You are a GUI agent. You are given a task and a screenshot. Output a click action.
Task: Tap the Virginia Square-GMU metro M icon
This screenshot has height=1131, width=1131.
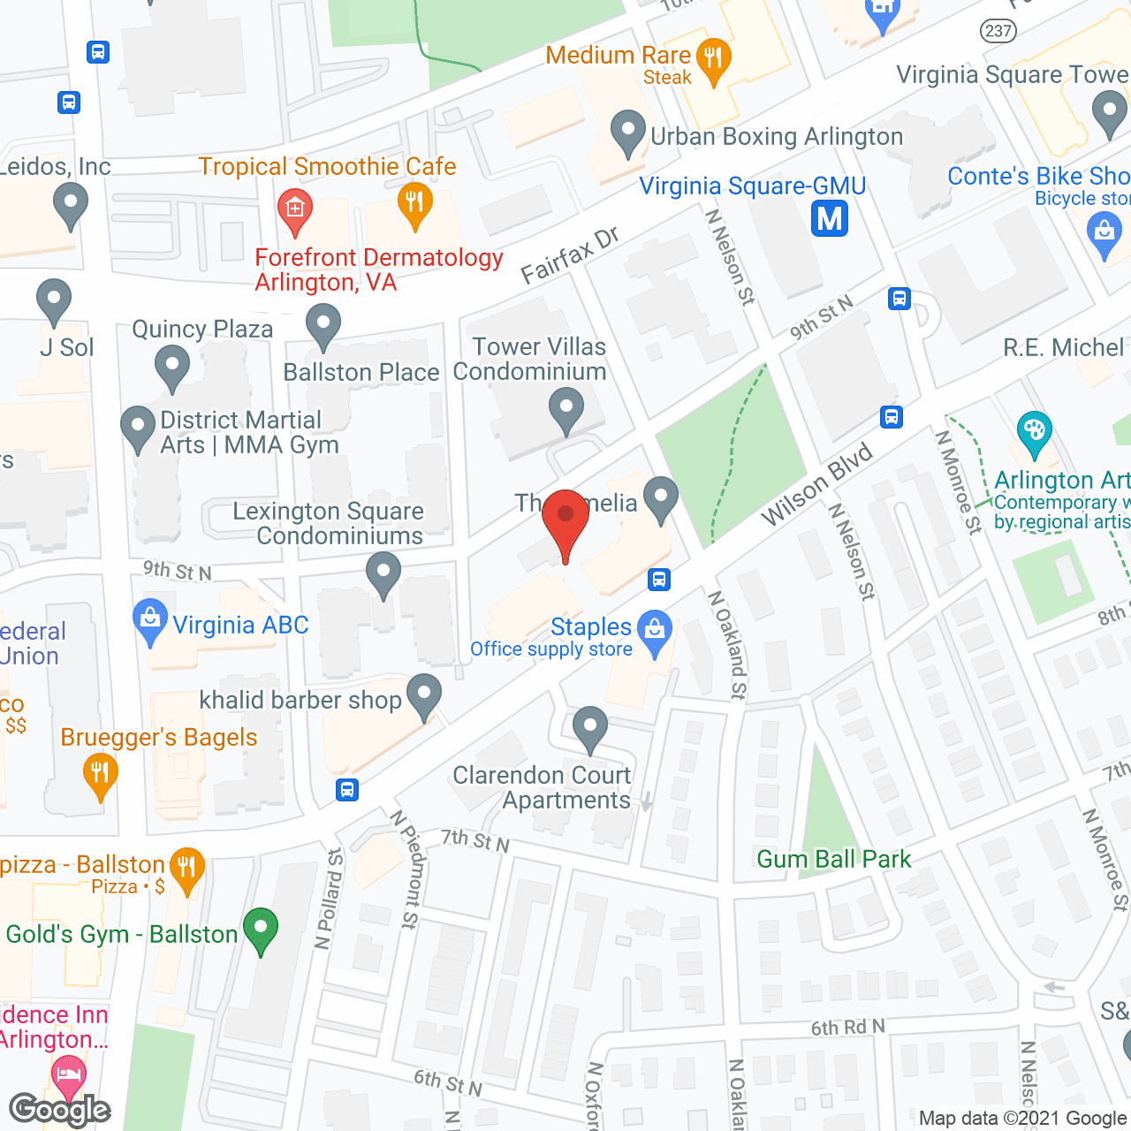tap(830, 218)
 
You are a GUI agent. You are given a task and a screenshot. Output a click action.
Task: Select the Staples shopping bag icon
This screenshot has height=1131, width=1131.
tap(655, 631)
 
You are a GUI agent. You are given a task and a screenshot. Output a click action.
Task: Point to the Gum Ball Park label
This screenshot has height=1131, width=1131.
tap(833, 859)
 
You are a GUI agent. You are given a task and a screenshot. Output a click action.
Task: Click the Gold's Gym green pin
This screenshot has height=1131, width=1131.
tap(260, 930)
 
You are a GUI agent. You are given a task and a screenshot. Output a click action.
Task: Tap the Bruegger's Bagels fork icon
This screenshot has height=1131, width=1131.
tap(100, 774)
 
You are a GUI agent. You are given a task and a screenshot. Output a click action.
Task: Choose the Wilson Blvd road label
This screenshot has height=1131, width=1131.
tap(816, 484)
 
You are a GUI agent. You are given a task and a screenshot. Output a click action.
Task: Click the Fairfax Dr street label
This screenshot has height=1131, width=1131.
tap(570, 256)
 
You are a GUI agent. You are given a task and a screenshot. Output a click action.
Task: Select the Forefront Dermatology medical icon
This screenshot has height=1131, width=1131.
tap(294, 209)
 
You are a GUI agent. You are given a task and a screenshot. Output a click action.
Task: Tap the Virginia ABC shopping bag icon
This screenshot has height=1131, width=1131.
tap(149, 620)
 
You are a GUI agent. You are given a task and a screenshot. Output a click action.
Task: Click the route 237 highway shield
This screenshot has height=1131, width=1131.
tap(998, 31)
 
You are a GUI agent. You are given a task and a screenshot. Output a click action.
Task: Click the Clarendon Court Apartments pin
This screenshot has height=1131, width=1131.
tap(589, 727)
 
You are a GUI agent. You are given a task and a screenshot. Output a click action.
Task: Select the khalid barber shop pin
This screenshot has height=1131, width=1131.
tap(424, 695)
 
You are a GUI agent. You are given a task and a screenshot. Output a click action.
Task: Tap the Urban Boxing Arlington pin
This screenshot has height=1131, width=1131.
tap(628, 132)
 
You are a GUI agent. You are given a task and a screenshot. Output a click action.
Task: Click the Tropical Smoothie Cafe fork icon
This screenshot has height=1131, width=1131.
tap(414, 202)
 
